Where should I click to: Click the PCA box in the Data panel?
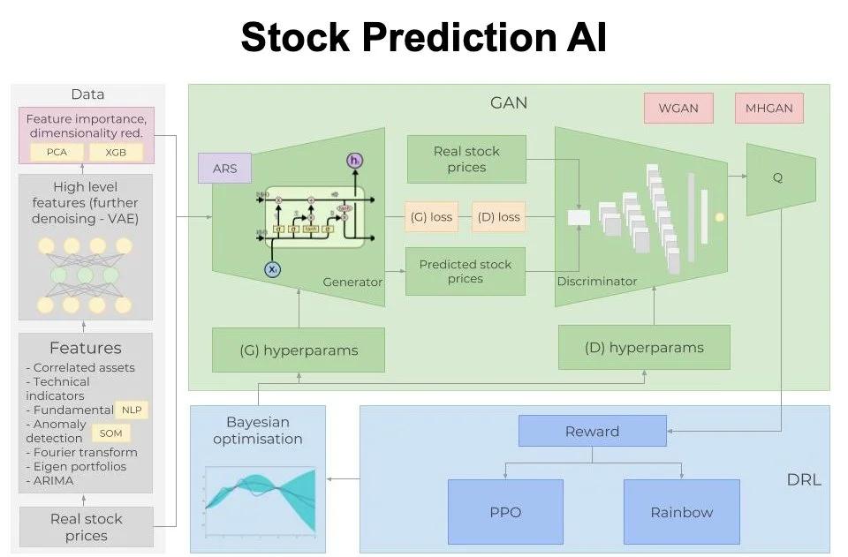[56, 152]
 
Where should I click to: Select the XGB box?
[115, 152]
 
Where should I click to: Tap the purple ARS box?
[224, 168]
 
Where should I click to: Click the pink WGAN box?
[678, 108]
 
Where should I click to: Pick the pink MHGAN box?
[768, 108]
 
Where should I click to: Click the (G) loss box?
[429, 216]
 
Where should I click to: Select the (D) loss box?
[497, 216]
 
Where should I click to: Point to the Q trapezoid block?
[779, 177]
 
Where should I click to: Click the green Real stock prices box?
[466, 159]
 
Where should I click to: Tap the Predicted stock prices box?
[466, 271]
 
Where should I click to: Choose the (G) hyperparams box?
[299, 350]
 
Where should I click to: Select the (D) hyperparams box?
[644, 347]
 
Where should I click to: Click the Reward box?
[592, 431]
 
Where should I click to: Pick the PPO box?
[505, 512]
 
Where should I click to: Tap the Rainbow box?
[681, 512]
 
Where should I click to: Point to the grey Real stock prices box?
[87, 527]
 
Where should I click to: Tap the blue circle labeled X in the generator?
[273, 269]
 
